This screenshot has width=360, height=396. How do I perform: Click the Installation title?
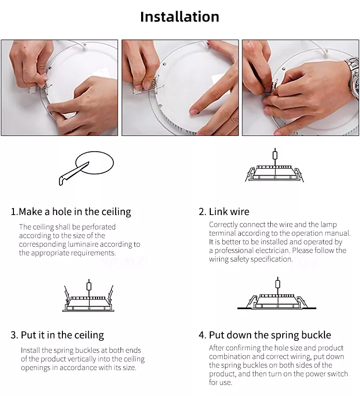180,17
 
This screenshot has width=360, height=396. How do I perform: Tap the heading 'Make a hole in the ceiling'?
75,212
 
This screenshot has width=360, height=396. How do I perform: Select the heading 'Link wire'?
229,212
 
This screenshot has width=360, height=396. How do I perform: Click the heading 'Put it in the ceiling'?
62,335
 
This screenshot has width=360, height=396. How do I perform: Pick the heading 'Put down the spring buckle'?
270,335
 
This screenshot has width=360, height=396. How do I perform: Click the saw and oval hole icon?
86,168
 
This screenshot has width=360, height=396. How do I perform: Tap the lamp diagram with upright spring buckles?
88,296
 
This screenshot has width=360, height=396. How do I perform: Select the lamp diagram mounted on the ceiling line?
277,293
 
